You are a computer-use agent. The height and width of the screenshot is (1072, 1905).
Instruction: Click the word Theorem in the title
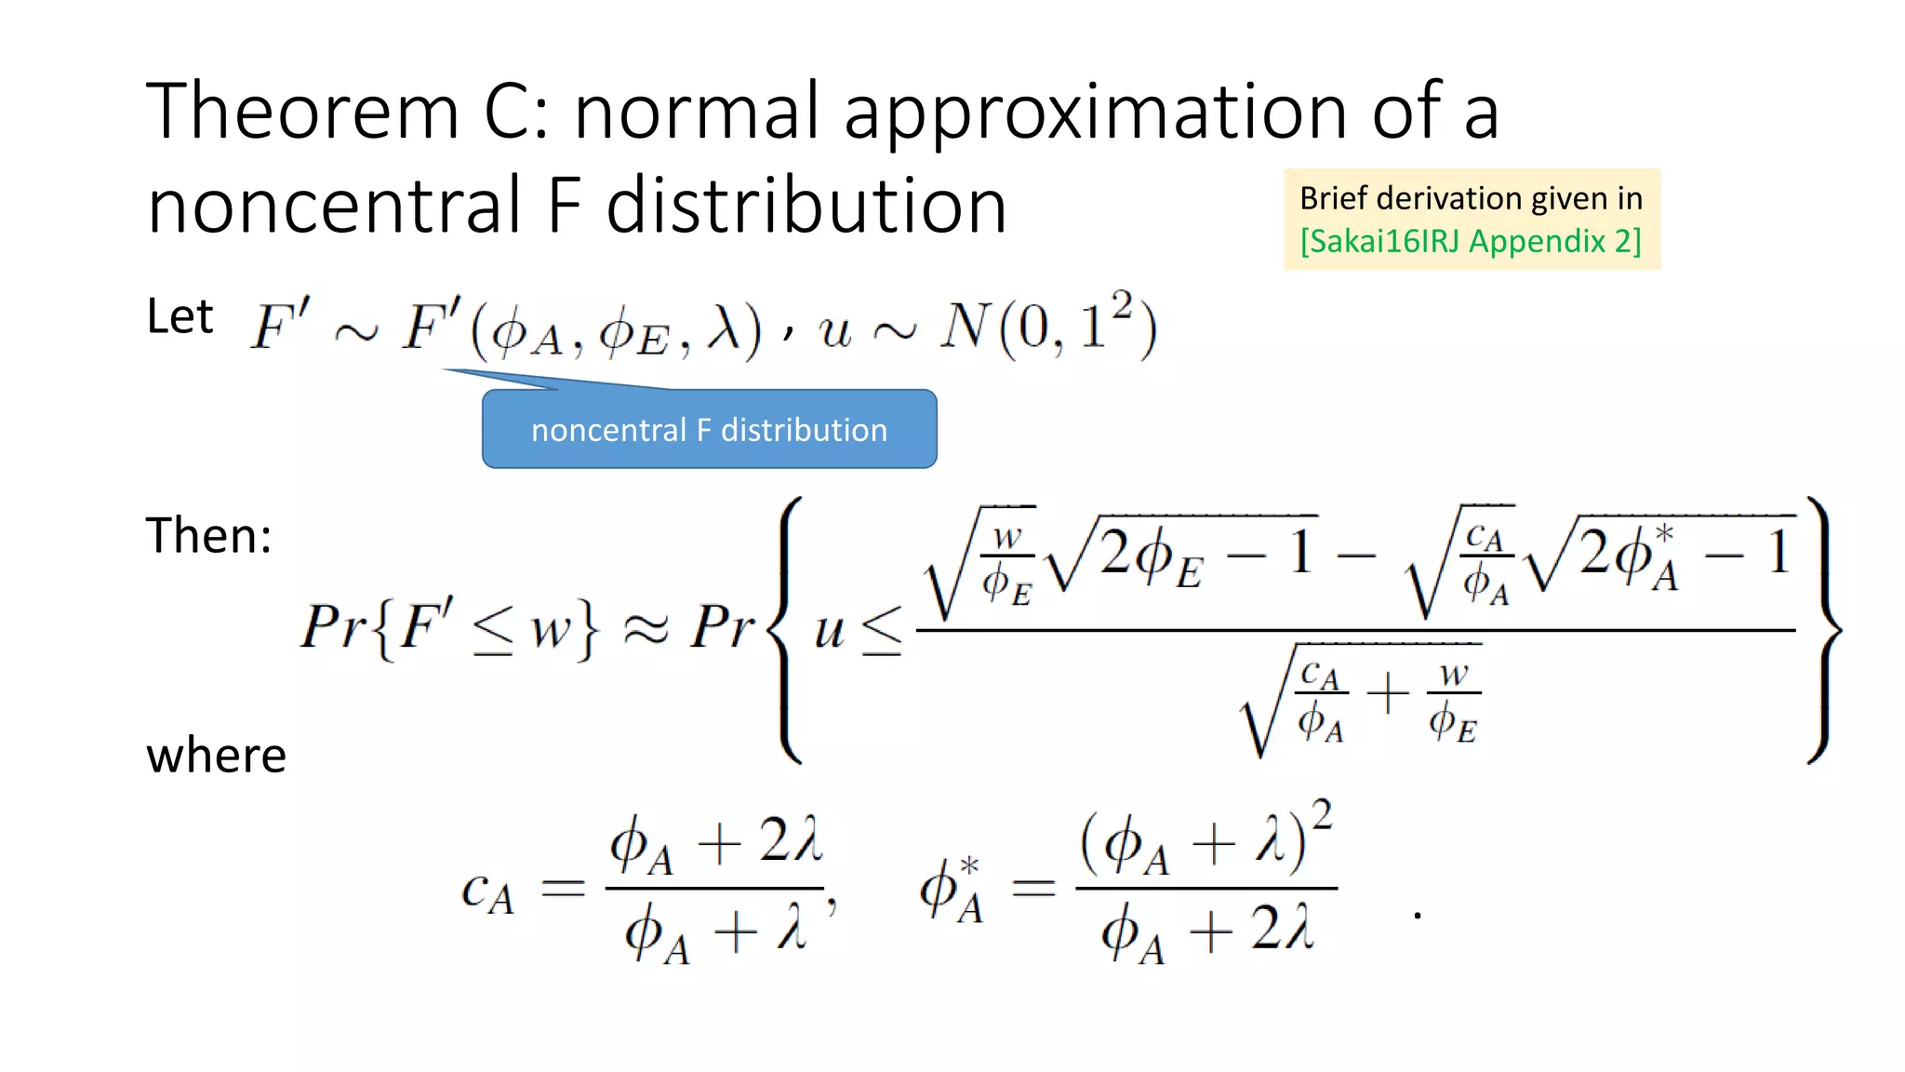point(303,112)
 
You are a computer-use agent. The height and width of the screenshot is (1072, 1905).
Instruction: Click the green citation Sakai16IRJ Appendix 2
point(1471,241)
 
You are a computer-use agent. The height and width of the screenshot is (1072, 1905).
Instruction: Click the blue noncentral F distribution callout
point(709,430)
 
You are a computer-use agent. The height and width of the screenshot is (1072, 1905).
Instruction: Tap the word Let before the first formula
point(180,317)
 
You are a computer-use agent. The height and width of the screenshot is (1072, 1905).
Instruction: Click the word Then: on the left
point(208,536)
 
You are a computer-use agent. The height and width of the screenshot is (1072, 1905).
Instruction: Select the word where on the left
point(216,755)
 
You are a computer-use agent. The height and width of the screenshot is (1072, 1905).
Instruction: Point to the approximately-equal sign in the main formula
point(645,629)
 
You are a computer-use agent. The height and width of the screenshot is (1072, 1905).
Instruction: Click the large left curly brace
point(786,630)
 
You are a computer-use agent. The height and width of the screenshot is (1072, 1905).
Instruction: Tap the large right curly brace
point(1824,630)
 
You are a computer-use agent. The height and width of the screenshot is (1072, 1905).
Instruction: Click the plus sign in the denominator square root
point(1387,694)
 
